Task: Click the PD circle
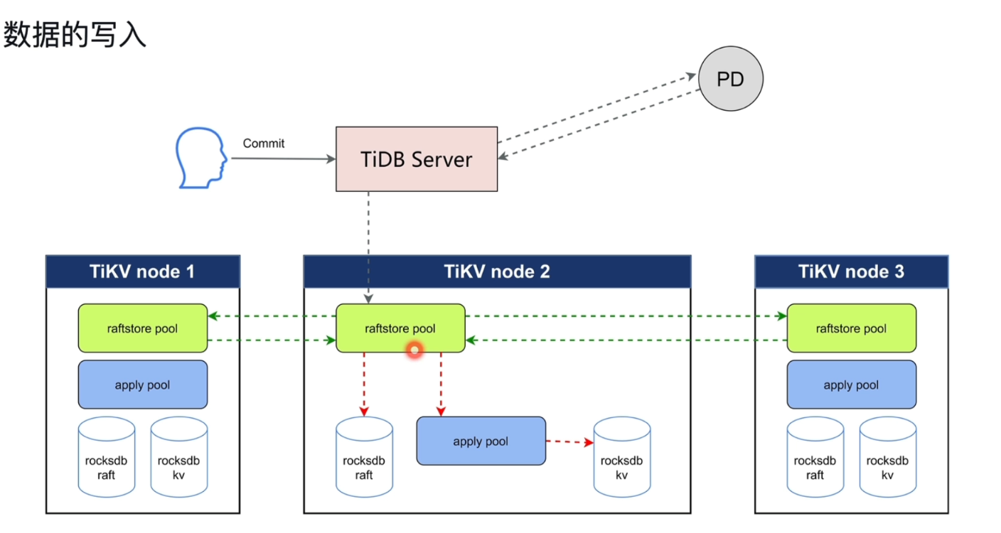[730, 80]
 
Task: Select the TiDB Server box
[416, 159]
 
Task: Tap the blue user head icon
[202, 158]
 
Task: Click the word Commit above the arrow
[263, 144]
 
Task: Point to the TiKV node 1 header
[142, 271]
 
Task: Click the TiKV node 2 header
[497, 271]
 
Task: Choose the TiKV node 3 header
[851, 271]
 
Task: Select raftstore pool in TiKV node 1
[142, 328]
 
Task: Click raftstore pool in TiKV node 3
[851, 328]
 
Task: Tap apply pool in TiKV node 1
[142, 384]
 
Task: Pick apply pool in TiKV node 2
[481, 441]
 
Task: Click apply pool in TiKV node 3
[851, 384]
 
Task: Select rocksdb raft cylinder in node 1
[106, 458]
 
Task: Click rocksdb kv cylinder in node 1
[178, 458]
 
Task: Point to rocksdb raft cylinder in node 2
[364, 458]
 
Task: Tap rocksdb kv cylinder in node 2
[621, 458]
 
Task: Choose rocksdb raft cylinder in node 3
[815, 458]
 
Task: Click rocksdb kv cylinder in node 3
[887, 458]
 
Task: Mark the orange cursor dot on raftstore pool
[414, 350]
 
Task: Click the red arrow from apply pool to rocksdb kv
[569, 442]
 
